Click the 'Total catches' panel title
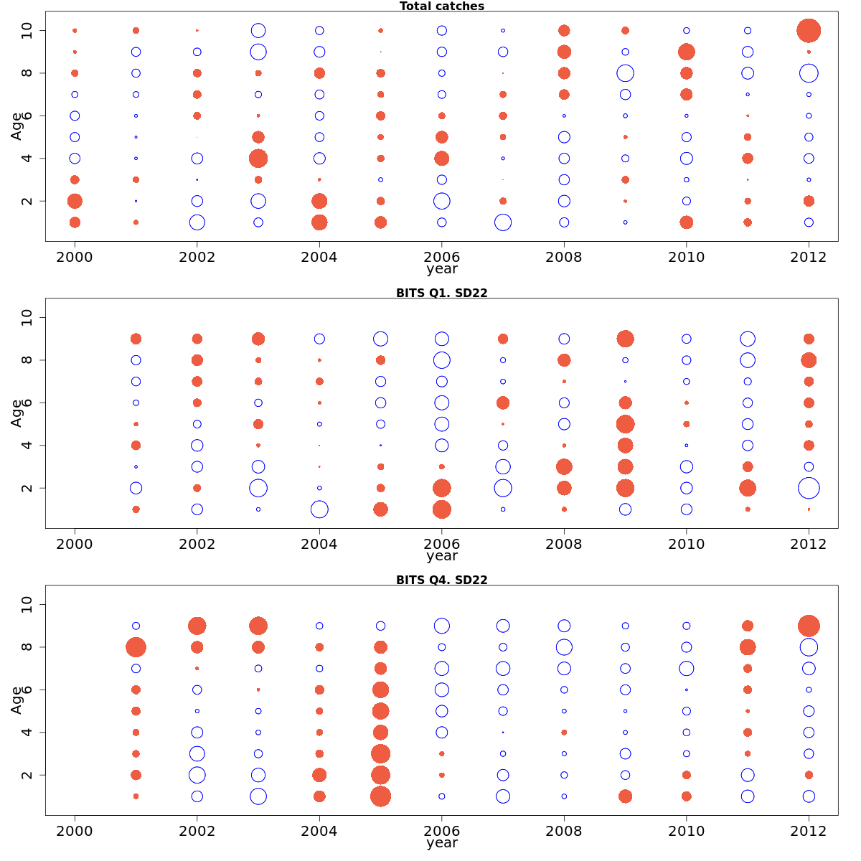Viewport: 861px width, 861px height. coord(442,6)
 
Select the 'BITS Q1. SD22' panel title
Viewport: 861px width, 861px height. coord(442,293)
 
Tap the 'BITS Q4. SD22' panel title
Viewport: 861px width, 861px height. coord(442,580)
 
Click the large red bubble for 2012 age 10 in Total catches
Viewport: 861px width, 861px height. coord(809,31)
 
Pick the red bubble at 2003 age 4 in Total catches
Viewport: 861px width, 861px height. coord(258,159)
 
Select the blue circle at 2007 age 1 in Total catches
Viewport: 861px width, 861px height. coord(503,222)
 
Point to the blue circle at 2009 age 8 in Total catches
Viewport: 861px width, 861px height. coord(625,73)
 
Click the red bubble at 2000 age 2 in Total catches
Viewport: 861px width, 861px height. coord(75,201)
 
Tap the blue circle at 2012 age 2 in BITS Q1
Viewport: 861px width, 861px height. coord(809,488)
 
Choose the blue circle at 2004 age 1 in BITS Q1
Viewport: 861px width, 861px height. coord(319,509)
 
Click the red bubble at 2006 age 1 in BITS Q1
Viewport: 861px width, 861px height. coord(442,509)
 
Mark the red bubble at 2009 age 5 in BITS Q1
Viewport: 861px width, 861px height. coord(625,424)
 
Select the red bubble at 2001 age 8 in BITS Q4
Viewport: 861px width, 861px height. coord(136,647)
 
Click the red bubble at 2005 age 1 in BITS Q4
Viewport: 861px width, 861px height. coord(380,796)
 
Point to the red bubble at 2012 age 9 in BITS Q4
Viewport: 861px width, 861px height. coord(809,626)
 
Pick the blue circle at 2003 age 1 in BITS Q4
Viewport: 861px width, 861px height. coord(258,796)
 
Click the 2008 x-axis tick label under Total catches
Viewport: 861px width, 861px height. coord(564,257)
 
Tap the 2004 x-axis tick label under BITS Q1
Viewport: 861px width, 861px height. coord(319,544)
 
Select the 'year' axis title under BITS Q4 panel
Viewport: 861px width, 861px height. coord(442,843)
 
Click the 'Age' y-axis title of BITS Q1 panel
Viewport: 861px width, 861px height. coord(17,413)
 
